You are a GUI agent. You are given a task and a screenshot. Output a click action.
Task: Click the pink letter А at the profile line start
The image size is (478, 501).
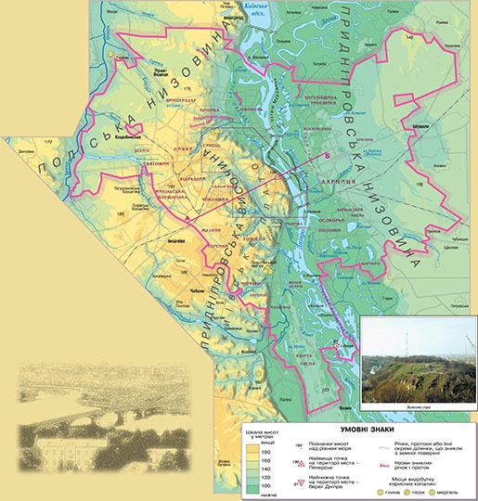[188, 217]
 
